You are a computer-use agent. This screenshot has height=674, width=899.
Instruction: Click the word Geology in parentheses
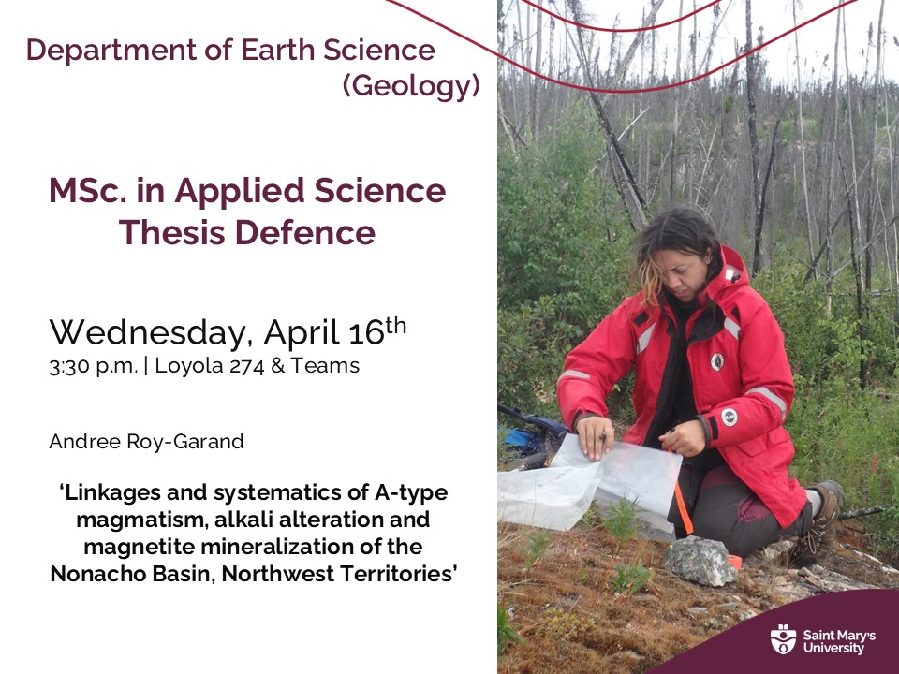click(x=411, y=86)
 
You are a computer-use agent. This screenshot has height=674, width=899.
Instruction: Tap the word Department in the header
click(x=98, y=51)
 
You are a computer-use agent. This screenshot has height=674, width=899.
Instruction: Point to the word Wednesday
click(x=150, y=332)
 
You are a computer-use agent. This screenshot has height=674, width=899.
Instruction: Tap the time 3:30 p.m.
click(x=93, y=366)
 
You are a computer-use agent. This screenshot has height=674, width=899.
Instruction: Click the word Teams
click(x=324, y=366)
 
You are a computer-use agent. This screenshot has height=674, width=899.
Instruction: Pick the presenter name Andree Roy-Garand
click(x=146, y=442)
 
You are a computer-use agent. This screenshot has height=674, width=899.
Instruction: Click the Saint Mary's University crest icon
click(x=783, y=639)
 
